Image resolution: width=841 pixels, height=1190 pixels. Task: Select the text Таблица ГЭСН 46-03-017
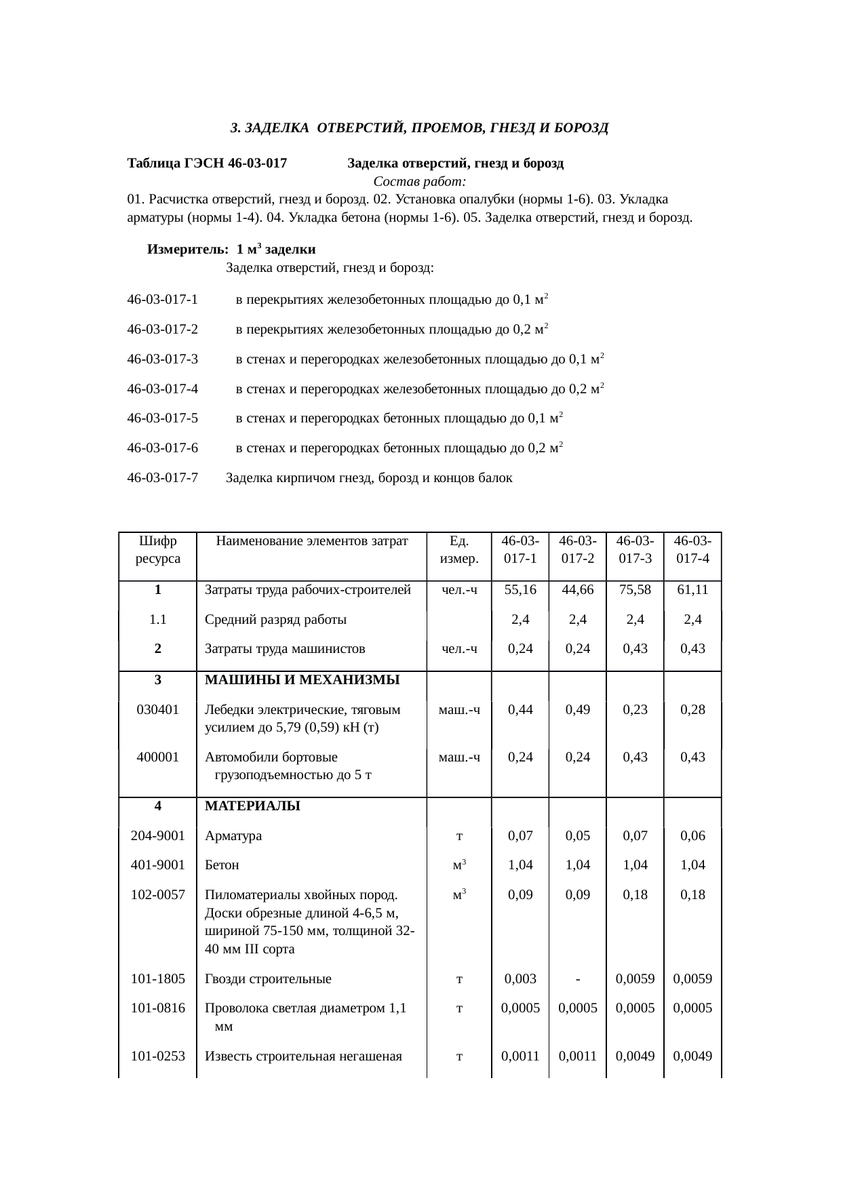coord(207,163)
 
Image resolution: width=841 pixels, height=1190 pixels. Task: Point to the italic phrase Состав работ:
coord(419,182)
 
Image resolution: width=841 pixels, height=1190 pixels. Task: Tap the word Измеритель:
coord(186,250)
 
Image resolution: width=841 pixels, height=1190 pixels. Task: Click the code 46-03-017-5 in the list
coord(163,418)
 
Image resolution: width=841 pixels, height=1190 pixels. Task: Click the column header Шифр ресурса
coord(157,550)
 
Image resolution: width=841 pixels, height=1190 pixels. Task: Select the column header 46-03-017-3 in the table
coord(635,550)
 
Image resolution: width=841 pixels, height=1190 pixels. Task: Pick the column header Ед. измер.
coord(459,550)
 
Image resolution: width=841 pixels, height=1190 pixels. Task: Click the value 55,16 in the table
coord(520,590)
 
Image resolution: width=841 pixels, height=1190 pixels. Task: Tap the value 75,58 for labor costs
coord(635,590)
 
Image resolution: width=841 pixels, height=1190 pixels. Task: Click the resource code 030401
coord(157,710)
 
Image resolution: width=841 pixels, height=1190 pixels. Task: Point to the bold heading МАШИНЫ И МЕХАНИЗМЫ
coord(302,680)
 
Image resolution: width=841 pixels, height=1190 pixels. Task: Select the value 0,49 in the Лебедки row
coord(577,710)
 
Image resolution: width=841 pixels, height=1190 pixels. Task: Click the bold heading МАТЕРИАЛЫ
coord(252,806)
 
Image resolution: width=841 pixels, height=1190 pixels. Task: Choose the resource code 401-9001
coord(157,865)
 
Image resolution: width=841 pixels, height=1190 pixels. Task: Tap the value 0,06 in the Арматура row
coord(692,836)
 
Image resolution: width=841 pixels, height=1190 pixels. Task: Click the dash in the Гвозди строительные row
coord(577,978)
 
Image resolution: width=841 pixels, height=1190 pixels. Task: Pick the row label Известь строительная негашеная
coord(303,1056)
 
